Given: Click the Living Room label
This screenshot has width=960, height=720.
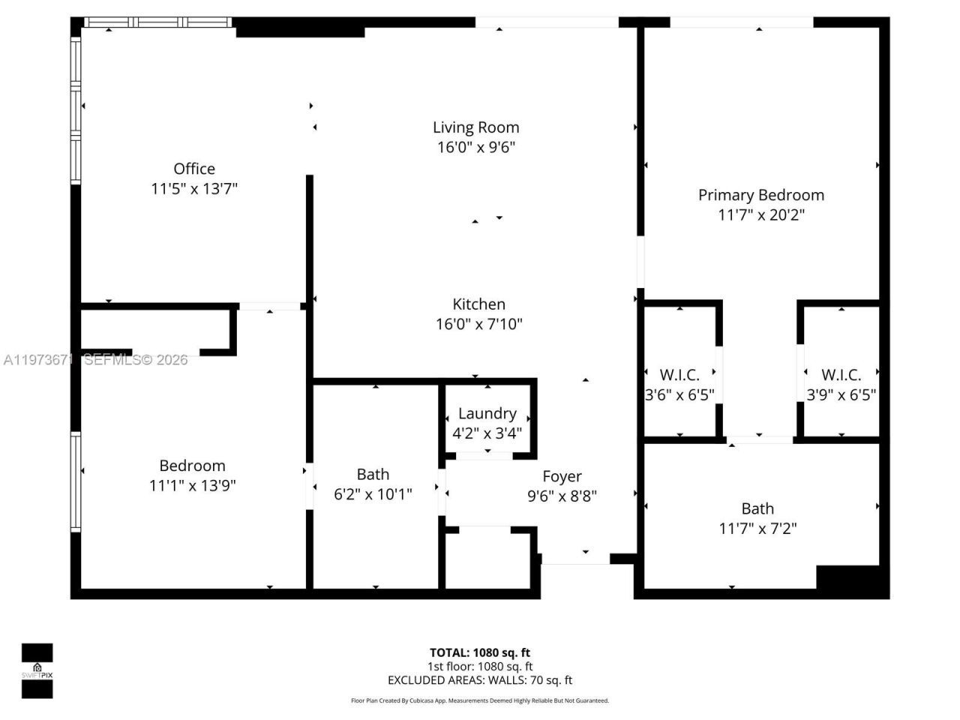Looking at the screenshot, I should click(x=475, y=127).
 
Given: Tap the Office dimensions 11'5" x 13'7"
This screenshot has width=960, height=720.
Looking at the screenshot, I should click(x=194, y=188).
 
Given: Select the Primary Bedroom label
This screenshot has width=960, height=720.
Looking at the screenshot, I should click(x=760, y=195).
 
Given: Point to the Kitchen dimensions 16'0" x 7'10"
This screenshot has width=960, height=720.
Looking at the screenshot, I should click(x=478, y=324).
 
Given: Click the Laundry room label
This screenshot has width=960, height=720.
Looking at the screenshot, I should click(x=487, y=413).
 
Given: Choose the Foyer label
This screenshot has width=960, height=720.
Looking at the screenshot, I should click(x=562, y=476).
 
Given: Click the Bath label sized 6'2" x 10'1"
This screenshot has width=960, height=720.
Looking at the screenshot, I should click(x=373, y=474).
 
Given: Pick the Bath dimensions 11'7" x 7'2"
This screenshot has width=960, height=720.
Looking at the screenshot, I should click(x=757, y=528).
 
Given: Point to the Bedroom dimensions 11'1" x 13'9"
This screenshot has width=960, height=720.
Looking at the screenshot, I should click(x=192, y=485).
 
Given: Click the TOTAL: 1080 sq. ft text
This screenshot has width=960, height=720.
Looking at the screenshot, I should click(x=479, y=652).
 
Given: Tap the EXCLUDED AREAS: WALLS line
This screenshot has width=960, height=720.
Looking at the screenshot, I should click(x=479, y=680).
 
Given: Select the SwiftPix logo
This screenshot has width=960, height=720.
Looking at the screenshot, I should click(x=37, y=670).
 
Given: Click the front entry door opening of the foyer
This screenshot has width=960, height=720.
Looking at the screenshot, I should click(x=575, y=558).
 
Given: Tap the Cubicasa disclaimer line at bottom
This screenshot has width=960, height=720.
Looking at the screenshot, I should click(x=479, y=700).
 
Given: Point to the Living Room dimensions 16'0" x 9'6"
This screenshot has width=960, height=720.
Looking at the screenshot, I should click(x=475, y=148).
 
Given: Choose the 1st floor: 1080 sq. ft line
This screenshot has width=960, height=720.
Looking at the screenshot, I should click(x=479, y=666).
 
